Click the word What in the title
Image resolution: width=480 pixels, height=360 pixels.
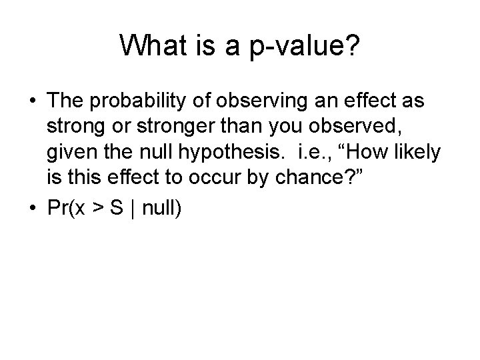coord(153,45)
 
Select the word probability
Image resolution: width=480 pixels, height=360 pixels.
coord(138,101)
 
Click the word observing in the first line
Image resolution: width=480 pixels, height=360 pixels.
coord(262,101)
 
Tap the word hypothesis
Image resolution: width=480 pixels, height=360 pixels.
coord(229,152)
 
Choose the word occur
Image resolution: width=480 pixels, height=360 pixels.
coord(215,177)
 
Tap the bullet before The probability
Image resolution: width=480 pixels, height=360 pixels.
coord(33,101)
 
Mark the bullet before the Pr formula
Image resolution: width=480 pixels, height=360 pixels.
coord(33,207)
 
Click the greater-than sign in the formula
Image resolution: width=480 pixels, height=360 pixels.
coord(97,207)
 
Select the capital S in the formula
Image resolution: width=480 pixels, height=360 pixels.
coord(117,207)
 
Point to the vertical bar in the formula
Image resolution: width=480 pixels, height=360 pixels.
coord(133,208)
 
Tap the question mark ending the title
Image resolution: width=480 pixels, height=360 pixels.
coord(353,45)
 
